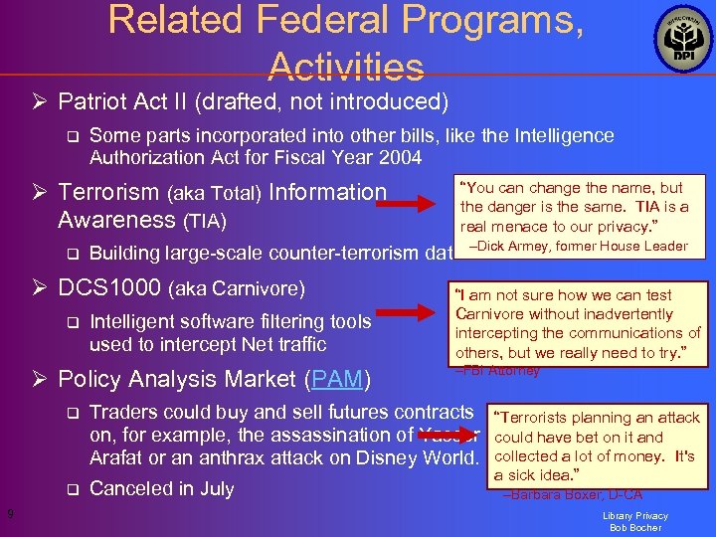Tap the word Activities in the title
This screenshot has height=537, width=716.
(x=346, y=66)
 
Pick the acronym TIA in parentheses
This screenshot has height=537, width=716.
(x=206, y=220)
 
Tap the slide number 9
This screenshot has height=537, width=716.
(x=9, y=513)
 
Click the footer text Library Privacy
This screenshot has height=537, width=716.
(x=635, y=515)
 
